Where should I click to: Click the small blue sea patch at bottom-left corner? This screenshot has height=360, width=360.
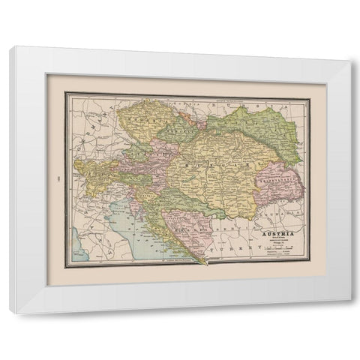point(76,244)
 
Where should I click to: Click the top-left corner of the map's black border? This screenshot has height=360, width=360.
point(64,92)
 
